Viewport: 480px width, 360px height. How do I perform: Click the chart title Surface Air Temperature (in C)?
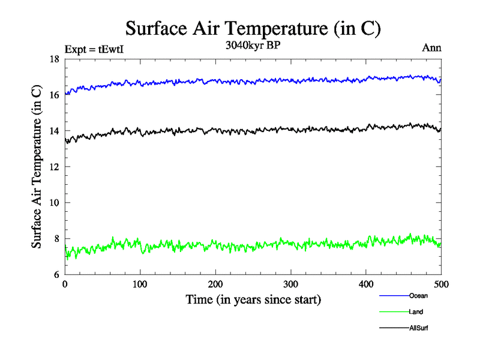[x=253, y=28]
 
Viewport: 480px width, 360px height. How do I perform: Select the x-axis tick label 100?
[x=140, y=284]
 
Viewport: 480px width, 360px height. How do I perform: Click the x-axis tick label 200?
[x=215, y=284]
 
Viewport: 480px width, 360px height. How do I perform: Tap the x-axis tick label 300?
[x=290, y=284]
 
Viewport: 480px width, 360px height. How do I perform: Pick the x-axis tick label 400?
[x=366, y=284]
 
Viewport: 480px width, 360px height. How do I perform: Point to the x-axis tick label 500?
[x=441, y=284]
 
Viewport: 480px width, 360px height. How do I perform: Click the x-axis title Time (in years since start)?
[x=253, y=299]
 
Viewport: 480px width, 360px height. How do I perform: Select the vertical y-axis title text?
[x=37, y=167]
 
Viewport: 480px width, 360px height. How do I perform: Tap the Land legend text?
[x=416, y=311]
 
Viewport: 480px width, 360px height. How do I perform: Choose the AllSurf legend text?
[x=419, y=328]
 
